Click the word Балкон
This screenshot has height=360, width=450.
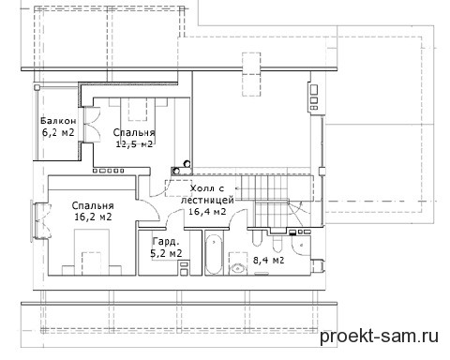[58, 121]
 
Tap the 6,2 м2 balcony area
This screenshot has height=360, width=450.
[58, 132]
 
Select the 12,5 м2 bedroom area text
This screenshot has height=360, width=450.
[134, 144]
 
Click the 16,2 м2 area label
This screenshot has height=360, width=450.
[93, 217]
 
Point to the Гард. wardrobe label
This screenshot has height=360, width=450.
[166, 242]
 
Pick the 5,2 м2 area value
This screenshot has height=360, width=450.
[166, 253]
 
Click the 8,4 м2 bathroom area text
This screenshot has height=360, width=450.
[268, 260]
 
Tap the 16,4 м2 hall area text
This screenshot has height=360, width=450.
[207, 211]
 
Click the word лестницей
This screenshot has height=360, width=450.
[207, 200]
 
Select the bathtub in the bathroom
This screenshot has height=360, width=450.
[214, 255]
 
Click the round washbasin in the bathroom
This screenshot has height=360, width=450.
[238, 268]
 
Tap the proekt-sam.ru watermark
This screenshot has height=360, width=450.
[379, 337]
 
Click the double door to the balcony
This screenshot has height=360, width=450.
[91, 125]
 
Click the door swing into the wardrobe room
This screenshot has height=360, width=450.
[174, 217]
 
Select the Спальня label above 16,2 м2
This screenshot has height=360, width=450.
[93, 205]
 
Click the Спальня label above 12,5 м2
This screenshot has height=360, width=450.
[134, 132]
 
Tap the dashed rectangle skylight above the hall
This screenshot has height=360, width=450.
[251, 74]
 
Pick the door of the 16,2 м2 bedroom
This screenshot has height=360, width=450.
[149, 209]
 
